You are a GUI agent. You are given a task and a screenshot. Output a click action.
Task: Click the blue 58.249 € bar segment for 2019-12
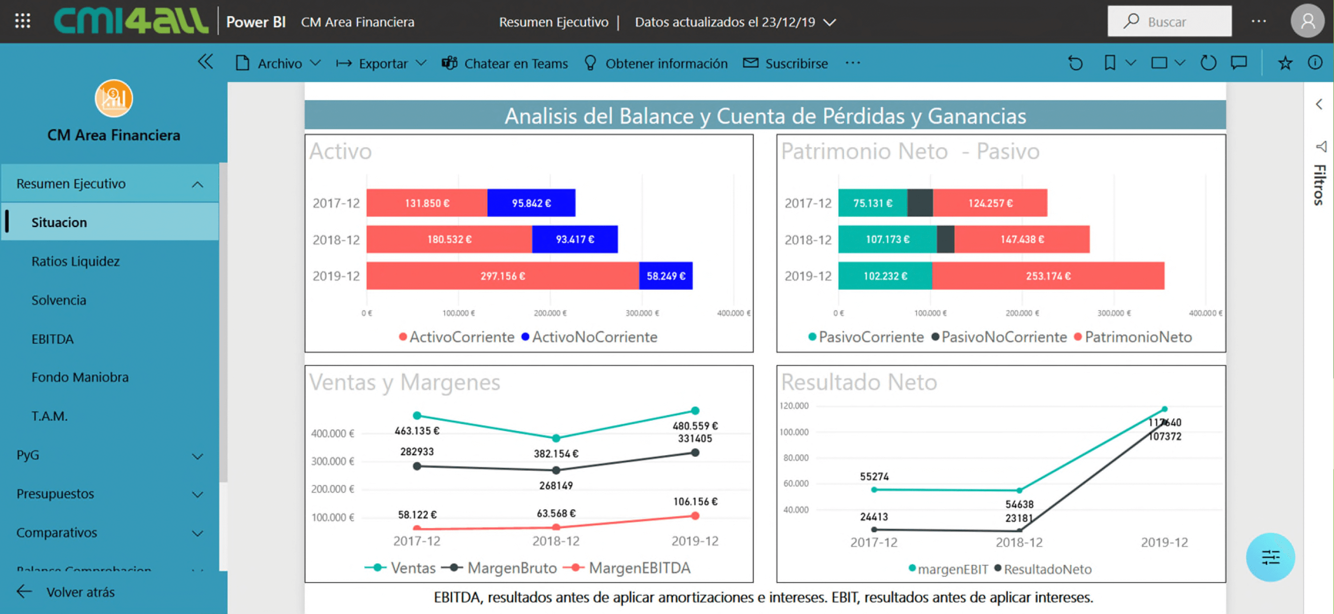[x=665, y=276]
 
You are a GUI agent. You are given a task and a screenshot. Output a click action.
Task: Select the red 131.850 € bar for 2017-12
[x=426, y=203]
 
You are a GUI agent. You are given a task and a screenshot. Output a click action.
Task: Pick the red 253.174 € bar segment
[x=1048, y=276]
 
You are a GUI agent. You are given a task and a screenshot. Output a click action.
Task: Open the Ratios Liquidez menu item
[x=76, y=261]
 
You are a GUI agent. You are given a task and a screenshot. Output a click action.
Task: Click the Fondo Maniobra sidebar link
[x=80, y=377]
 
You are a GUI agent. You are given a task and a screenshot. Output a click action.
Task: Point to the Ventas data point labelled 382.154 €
[x=556, y=438]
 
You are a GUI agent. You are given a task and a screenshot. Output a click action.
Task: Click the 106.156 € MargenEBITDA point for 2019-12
[x=695, y=515]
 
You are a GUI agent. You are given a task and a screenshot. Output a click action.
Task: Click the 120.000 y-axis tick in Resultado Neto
[x=794, y=406]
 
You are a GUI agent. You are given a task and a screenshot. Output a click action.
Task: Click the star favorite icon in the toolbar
[x=1285, y=63]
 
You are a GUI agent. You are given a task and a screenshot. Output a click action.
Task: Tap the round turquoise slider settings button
[x=1270, y=557]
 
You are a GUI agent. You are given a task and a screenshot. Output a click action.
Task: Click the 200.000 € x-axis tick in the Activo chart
[x=550, y=313]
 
